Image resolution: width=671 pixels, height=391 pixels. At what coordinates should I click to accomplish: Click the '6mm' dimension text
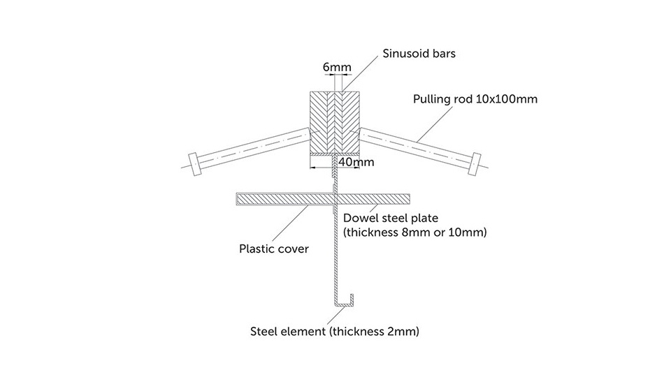(337, 68)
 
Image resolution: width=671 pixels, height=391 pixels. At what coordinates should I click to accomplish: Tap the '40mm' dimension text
(355, 162)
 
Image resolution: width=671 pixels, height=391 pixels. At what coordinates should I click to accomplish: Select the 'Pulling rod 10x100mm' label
(476, 99)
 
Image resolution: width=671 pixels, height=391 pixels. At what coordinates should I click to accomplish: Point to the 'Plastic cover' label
(274, 248)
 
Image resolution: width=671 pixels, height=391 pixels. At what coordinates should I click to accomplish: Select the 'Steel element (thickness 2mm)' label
(335, 331)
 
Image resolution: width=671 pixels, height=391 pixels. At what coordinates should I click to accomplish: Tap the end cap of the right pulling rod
(477, 161)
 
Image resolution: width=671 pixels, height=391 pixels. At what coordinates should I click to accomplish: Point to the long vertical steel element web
(333, 251)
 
